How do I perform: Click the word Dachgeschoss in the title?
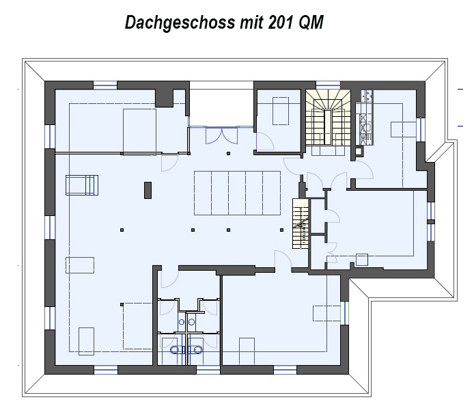pyautogui.click(x=180, y=23)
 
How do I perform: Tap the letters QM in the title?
pyautogui.click(x=311, y=23)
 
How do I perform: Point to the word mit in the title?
pyautogui.click(x=251, y=22)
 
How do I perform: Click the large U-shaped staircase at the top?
pyautogui.click(x=328, y=122)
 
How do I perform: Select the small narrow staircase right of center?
pyautogui.click(x=301, y=224)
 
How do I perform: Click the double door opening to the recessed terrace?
pyautogui.click(x=221, y=135)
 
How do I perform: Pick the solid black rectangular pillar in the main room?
pyautogui.click(x=148, y=190)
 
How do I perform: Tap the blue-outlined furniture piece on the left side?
pyautogui.click(x=82, y=185)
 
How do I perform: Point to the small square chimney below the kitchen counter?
pyautogui.click(x=359, y=150)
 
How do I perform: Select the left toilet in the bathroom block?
pyautogui.click(x=176, y=350)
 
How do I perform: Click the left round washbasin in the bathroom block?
pyautogui.click(x=182, y=322)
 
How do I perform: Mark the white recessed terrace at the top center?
pyautogui.click(x=221, y=107)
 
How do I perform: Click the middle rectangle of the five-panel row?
pyautogui.click(x=237, y=193)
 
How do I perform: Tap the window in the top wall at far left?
pyautogui.click(x=105, y=85)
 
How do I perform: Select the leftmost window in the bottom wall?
pyautogui.click(x=106, y=370)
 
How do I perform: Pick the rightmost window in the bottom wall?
pyautogui.click(x=285, y=370)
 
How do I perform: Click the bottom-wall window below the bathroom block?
pyautogui.click(x=208, y=370)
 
